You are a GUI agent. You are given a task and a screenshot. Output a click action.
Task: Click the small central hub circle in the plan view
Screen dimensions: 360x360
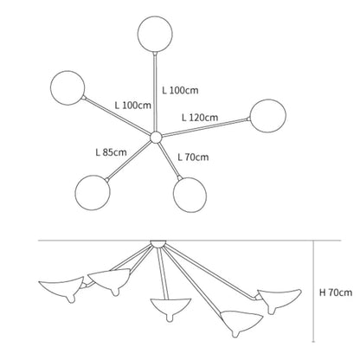point(156,138)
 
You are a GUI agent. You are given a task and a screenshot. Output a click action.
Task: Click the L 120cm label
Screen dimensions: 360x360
point(200,118)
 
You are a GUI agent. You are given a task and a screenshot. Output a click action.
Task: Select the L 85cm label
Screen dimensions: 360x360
point(111,152)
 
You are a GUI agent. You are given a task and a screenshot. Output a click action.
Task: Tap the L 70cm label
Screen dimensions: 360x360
point(193,157)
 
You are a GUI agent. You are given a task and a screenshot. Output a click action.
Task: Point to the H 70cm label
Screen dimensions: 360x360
point(336,292)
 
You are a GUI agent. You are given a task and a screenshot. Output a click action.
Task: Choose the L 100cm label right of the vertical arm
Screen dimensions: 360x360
point(180,90)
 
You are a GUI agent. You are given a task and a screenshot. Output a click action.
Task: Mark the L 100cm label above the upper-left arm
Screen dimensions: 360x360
point(133,106)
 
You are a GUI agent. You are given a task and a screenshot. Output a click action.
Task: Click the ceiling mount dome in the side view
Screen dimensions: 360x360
point(158,244)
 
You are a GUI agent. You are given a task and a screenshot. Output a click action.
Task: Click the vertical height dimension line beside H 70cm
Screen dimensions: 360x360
point(313,292)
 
